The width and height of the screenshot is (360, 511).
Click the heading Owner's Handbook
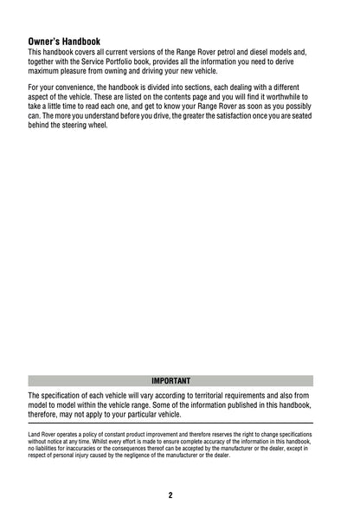point(64,41)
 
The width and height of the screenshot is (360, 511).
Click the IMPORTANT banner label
point(170,380)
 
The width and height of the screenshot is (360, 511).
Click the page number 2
point(170,495)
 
